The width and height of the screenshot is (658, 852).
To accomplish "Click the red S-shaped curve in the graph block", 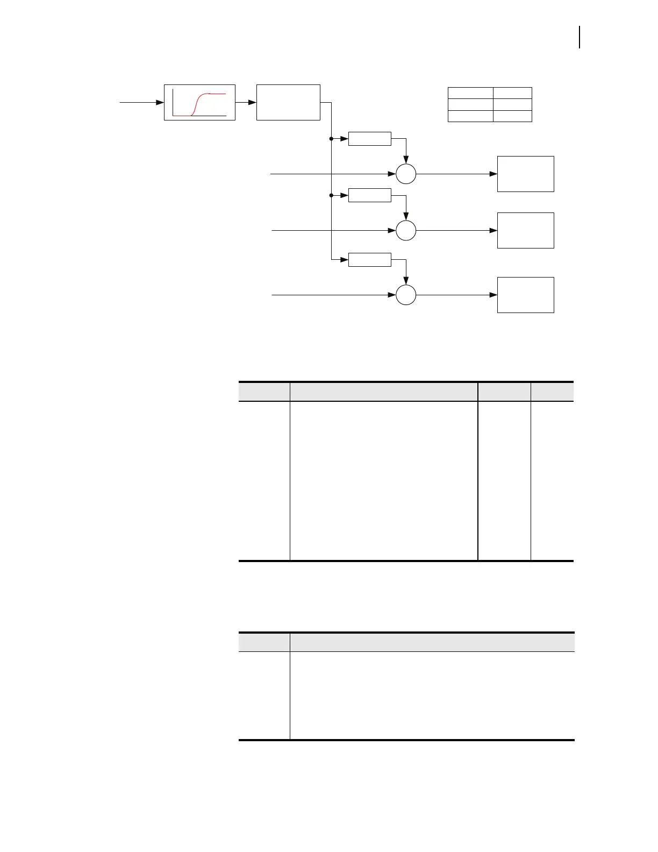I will click(200, 102).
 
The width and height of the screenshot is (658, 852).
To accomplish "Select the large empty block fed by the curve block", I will click(288, 102).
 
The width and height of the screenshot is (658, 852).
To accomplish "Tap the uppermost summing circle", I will click(406, 174).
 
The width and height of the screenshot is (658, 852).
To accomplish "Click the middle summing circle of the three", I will click(406, 230).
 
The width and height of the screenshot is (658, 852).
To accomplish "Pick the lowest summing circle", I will click(406, 295).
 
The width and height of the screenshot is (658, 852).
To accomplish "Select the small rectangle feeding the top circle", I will click(369, 138).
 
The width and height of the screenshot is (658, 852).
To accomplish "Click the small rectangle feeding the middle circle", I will click(369, 195).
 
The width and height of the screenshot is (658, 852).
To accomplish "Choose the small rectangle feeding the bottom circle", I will click(369, 259).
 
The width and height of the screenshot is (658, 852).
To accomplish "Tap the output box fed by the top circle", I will click(525, 174).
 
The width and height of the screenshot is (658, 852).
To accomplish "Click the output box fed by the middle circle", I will click(525, 230).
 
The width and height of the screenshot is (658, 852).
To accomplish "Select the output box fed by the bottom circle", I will click(525, 295).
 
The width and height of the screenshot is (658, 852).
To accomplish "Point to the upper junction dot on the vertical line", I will click(331, 139).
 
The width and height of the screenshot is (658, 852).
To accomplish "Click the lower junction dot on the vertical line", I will click(331, 195).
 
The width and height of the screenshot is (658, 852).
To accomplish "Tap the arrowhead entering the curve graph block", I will click(160, 102).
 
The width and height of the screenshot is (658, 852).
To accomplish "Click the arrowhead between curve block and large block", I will click(252, 102).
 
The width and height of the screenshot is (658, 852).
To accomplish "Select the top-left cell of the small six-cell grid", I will click(470, 93).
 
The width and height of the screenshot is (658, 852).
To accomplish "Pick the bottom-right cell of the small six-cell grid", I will click(512, 116).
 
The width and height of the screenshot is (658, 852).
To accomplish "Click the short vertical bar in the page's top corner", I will click(580, 37).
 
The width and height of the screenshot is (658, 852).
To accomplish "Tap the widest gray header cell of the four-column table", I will click(383, 392).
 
